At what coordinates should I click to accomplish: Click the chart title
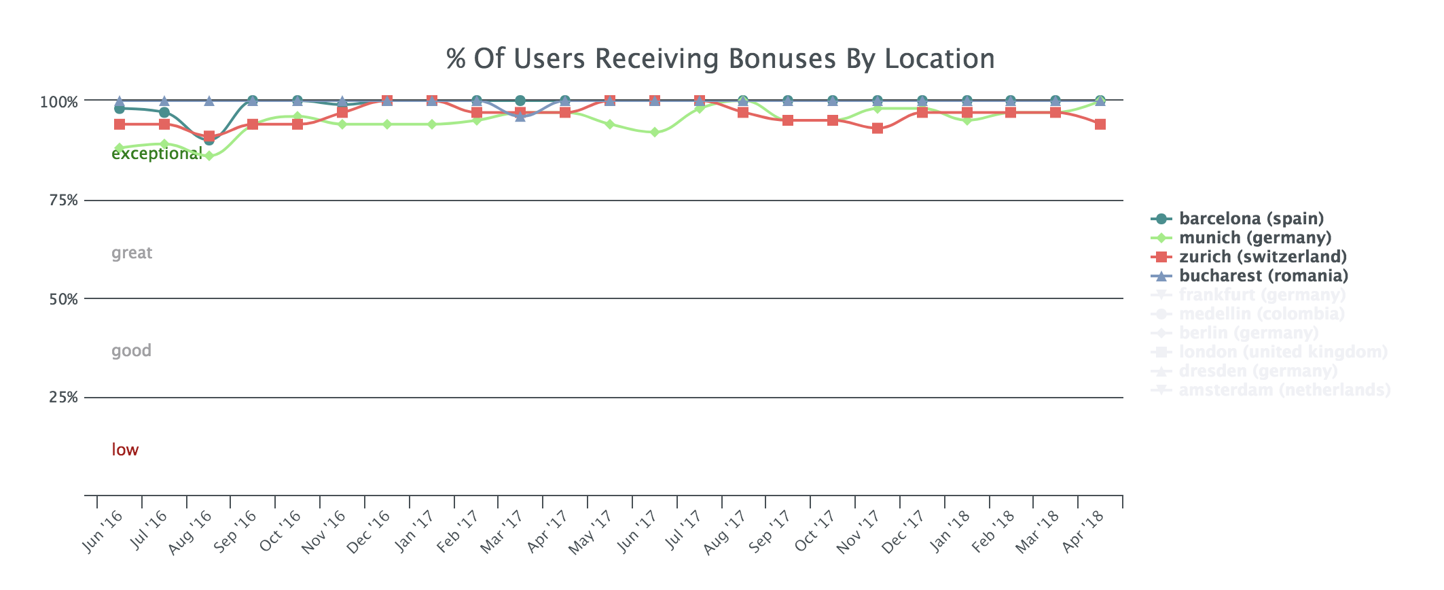point(721,59)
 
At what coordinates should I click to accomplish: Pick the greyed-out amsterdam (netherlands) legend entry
point(1284,390)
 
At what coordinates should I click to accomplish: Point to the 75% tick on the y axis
point(64,201)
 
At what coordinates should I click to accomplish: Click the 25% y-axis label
point(64,398)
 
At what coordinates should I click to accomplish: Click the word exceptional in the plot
point(156,154)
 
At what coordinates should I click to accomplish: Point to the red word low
point(125,450)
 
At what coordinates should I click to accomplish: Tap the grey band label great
point(132,254)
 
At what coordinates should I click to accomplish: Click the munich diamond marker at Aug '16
point(209,156)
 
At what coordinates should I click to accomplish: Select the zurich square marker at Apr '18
point(1100,124)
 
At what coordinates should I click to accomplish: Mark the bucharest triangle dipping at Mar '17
point(520,117)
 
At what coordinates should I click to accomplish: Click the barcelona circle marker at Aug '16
point(209,140)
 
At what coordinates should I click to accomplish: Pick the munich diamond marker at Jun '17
point(654,133)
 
